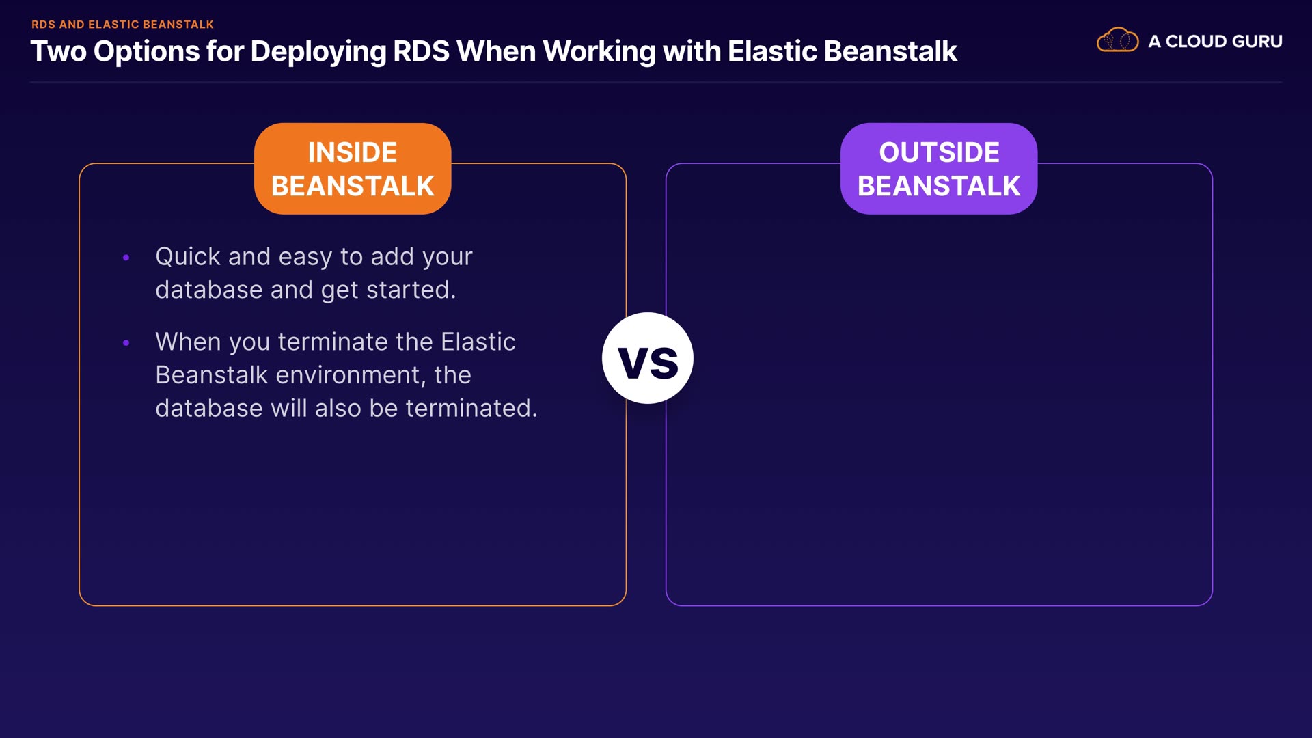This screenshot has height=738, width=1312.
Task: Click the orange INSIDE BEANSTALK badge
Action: [x=353, y=169]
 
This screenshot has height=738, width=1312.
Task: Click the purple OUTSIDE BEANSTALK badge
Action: [x=939, y=169]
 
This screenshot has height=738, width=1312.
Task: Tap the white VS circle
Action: [x=648, y=358]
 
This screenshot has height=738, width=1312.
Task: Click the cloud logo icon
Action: [x=1117, y=40]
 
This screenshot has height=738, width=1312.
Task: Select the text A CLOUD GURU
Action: [x=1215, y=41]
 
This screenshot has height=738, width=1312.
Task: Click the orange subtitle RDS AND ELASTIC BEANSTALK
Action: [x=122, y=25]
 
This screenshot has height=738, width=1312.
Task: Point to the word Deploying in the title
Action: [x=318, y=52]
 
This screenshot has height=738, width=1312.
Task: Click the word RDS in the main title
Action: [x=421, y=51]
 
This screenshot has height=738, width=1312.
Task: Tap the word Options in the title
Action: [x=146, y=52]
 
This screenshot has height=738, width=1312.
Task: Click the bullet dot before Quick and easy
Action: [x=126, y=258]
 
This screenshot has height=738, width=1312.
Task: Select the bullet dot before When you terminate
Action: [x=126, y=342]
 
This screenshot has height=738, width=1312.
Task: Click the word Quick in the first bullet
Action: [x=188, y=257]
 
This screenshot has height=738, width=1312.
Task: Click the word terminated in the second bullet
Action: [x=471, y=408]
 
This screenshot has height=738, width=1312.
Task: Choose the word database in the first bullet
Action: [x=209, y=290]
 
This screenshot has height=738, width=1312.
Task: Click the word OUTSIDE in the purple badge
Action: [x=939, y=152]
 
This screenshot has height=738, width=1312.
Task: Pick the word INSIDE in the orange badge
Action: [x=353, y=152]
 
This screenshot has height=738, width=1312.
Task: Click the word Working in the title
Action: [x=599, y=52]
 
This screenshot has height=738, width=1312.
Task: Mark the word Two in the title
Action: [x=59, y=51]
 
